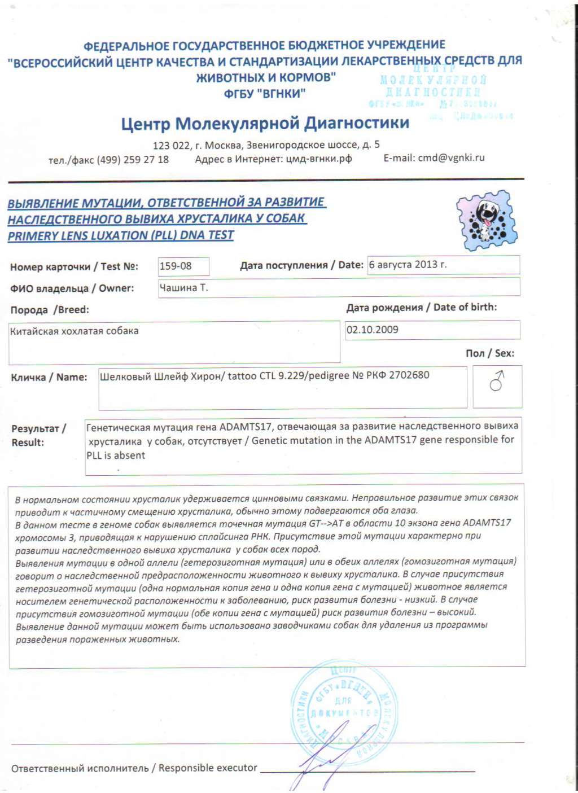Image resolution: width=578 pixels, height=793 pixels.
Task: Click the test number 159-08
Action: point(176,266)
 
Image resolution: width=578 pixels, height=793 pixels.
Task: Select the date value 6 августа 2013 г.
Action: point(408,264)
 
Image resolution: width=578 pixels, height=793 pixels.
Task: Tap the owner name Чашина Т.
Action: point(183,287)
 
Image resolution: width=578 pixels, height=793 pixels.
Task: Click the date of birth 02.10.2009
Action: point(373,330)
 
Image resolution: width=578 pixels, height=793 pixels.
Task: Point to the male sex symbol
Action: point(497,382)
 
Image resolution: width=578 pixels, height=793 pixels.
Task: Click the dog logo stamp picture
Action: point(486,221)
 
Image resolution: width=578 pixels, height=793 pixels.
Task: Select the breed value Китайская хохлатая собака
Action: point(75,331)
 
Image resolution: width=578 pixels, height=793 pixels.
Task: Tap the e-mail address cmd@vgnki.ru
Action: point(451,158)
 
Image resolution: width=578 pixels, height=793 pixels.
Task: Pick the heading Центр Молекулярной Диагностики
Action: point(265,123)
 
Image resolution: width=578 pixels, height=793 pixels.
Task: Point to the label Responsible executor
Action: point(208,768)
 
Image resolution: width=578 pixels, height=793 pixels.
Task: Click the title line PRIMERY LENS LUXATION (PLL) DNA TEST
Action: point(121,235)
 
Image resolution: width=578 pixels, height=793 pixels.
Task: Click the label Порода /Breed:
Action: point(50,310)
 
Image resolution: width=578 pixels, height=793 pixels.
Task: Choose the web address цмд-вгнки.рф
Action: point(319,159)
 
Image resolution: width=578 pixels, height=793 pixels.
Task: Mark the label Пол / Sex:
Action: point(489,353)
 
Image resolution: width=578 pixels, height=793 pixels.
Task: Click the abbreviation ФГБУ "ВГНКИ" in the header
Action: point(265,94)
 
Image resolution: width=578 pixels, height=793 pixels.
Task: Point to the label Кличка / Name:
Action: point(49,377)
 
